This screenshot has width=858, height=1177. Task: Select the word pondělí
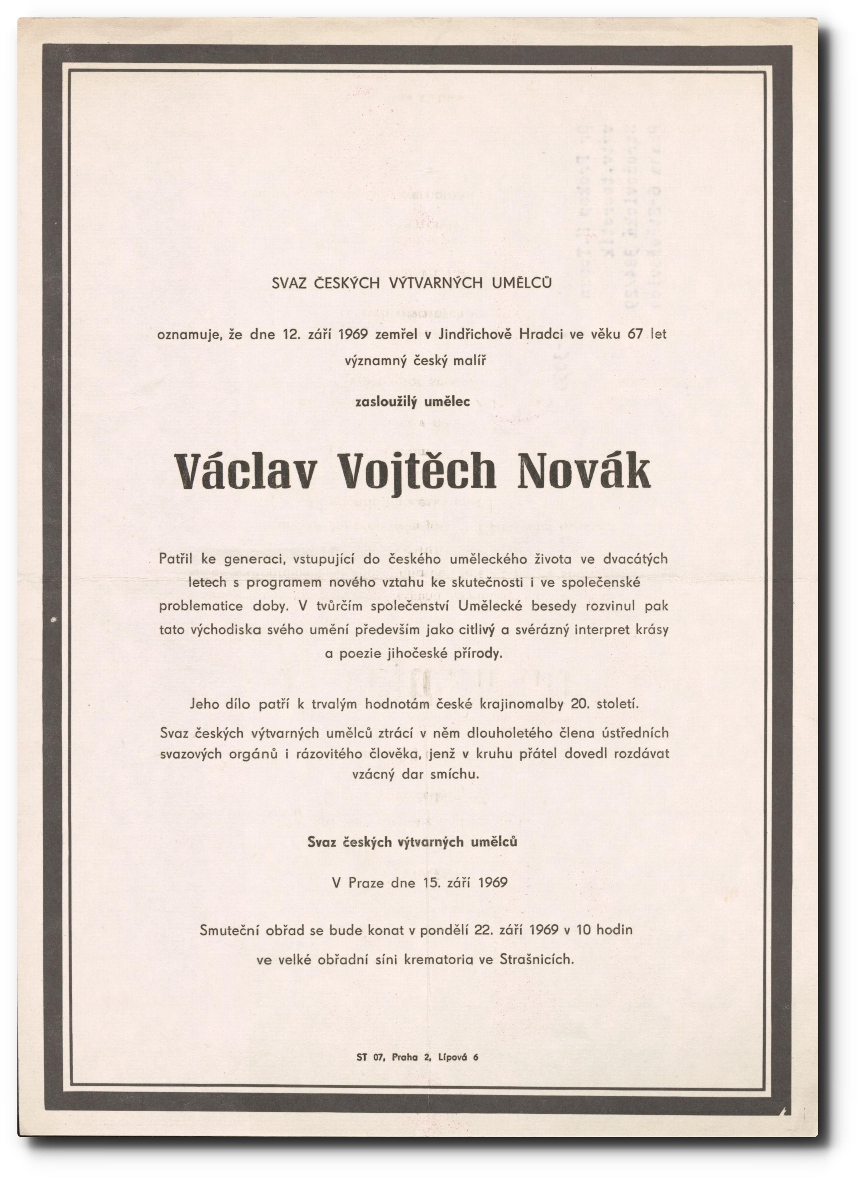point(444,929)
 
